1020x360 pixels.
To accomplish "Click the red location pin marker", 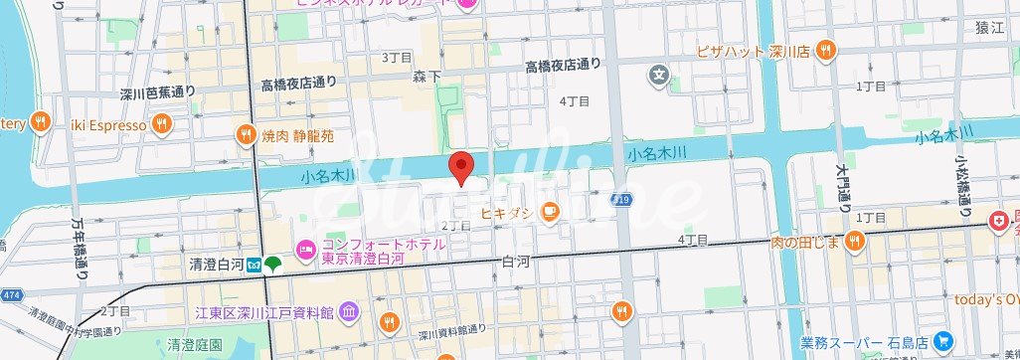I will pos(460,168).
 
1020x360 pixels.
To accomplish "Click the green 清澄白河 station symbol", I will pos(272,265).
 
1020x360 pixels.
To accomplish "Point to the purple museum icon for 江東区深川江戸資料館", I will pos(349,313).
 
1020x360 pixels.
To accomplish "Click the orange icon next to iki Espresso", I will pos(163,125).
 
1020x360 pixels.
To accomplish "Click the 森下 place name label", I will pos(427,76).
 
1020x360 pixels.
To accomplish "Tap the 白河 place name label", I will pos(517,262).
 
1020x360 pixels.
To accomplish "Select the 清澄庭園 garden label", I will pos(194,345).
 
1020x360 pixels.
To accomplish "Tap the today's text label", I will pos(980,300).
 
